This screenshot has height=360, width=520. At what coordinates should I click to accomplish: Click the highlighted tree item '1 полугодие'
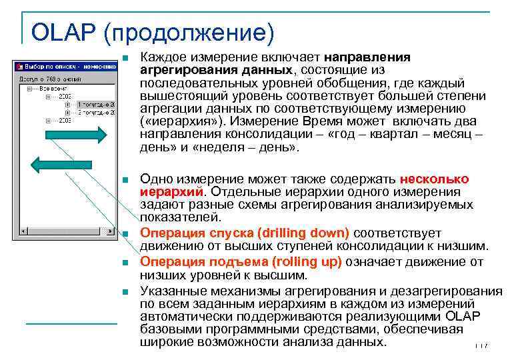tap(97, 105)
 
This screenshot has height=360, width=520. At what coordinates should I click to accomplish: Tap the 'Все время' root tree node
tap(53, 87)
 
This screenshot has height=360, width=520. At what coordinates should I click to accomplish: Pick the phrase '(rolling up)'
tap(299, 262)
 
